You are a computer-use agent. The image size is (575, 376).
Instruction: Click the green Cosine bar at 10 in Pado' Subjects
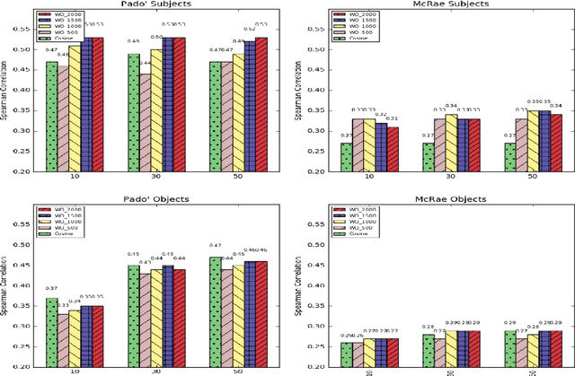click(51, 117)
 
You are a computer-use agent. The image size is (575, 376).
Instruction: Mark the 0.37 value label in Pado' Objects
click(51, 288)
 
